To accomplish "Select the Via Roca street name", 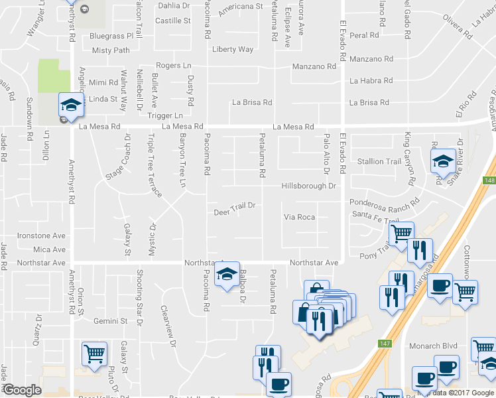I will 299,217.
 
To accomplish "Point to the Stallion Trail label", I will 379,161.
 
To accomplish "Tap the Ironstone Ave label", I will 41,235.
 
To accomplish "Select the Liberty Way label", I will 233,50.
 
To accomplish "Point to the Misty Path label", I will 111,50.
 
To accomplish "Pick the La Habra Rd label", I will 371,81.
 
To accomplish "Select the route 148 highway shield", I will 489,180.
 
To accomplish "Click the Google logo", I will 23,390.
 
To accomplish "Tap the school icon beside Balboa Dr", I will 227,276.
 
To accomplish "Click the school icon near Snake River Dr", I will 442,161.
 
